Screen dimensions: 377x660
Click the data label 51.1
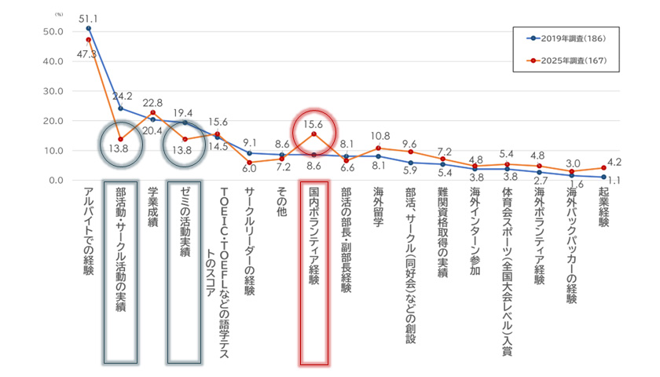click(88, 17)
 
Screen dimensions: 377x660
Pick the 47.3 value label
click(87, 54)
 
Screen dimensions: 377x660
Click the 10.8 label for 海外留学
click(379, 136)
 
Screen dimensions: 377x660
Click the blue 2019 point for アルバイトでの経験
click(88, 28)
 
